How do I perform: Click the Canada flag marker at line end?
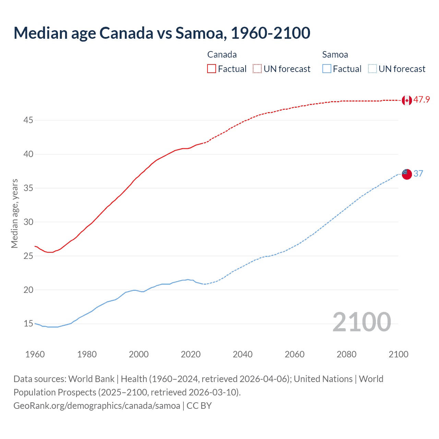(x=407, y=100)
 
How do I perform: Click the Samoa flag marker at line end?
(x=407, y=174)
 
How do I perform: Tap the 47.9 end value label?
(x=422, y=100)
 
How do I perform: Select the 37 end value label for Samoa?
(x=418, y=174)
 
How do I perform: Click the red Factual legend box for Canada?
(x=212, y=69)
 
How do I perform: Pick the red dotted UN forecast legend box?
(x=257, y=69)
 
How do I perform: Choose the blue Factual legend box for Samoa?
(x=327, y=69)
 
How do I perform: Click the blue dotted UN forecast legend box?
(x=372, y=69)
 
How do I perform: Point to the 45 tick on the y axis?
(x=28, y=120)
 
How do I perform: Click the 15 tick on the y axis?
(x=28, y=324)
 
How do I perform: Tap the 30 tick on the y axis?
(x=28, y=222)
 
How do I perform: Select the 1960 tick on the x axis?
(x=35, y=354)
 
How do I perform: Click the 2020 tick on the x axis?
(x=191, y=354)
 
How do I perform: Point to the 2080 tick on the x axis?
(x=346, y=354)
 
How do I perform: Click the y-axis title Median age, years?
(x=14, y=213)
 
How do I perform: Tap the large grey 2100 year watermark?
(x=361, y=322)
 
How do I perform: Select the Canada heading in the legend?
(x=222, y=55)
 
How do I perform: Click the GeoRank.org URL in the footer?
(x=97, y=406)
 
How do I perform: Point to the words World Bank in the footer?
(x=91, y=379)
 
